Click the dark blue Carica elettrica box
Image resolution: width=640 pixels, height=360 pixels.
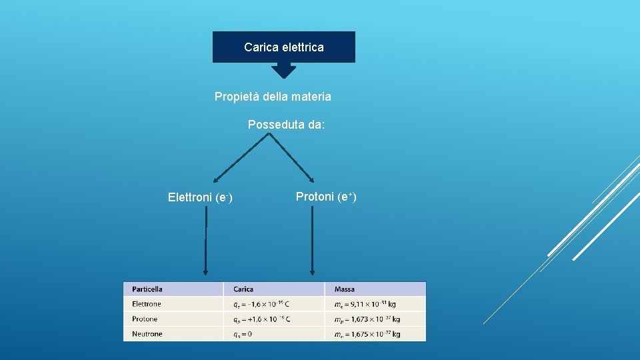[284, 47]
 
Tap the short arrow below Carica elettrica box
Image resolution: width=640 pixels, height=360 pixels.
[284, 70]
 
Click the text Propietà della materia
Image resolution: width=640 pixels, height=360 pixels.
[273, 97]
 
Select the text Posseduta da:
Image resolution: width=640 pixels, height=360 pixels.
[287, 125]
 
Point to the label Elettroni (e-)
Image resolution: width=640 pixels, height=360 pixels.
[200, 197]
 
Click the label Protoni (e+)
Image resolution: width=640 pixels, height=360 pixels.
[326, 197]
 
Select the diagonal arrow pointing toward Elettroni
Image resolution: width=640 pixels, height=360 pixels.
[241, 157]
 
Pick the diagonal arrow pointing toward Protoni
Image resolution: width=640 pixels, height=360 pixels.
[291, 157]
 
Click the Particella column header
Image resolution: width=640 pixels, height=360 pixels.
[147, 289]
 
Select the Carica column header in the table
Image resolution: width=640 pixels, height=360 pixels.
[243, 289]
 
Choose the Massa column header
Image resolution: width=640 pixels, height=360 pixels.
[345, 289]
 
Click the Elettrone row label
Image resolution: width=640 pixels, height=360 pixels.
[147, 304]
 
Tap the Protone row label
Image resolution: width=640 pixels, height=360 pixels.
[145, 319]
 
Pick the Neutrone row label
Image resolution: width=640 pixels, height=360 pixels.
[147, 334]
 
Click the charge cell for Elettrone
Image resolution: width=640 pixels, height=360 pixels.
[261, 304]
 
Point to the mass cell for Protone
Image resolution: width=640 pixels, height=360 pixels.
[367, 319]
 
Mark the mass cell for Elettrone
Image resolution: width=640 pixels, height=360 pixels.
[365, 304]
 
